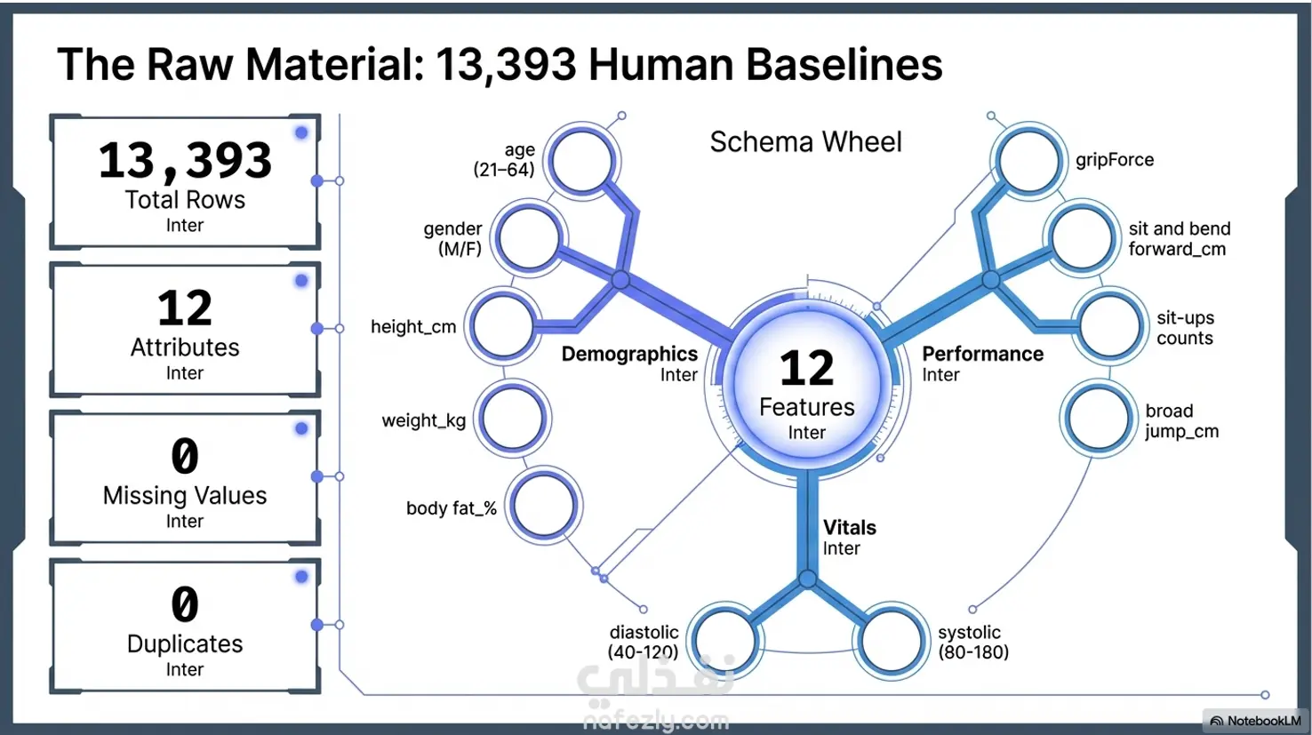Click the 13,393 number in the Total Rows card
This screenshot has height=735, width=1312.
(x=185, y=160)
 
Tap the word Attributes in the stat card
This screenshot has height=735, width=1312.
(x=185, y=348)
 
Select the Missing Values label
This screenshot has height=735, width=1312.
(x=185, y=495)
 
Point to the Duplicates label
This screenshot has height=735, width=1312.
(x=185, y=643)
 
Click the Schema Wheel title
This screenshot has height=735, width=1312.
(x=806, y=141)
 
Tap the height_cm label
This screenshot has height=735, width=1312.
(x=413, y=326)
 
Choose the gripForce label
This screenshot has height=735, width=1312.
(x=1115, y=160)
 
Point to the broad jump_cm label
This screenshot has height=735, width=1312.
(x=1182, y=421)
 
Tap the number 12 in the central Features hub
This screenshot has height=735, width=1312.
(x=806, y=368)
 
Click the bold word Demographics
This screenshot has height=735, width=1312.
(x=629, y=354)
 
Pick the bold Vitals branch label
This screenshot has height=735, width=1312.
(x=849, y=527)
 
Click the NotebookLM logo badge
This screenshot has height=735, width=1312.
(x=1255, y=721)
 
